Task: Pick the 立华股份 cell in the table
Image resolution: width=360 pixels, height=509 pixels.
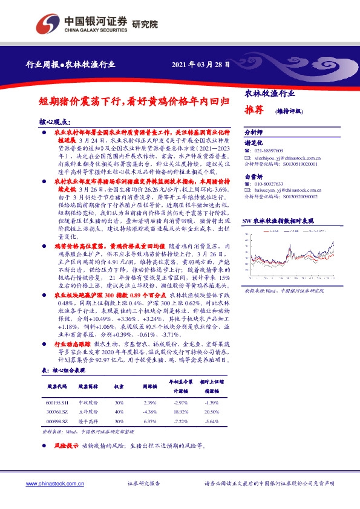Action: pos(88,412)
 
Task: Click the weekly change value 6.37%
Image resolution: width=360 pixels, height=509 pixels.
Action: pos(150,421)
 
